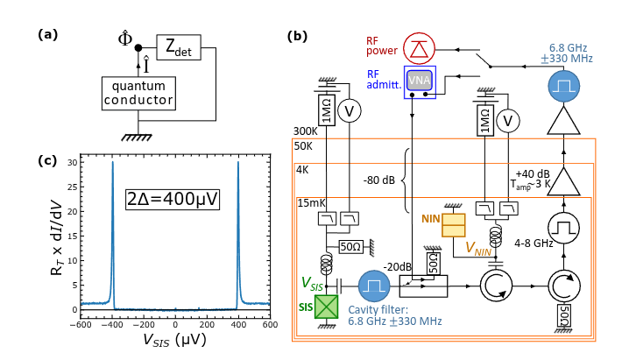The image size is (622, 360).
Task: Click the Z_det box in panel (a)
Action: click(180, 48)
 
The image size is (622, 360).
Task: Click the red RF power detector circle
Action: click(420, 49)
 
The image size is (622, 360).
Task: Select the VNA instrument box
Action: click(420, 81)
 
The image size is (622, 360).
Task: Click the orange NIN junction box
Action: click(455, 225)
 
